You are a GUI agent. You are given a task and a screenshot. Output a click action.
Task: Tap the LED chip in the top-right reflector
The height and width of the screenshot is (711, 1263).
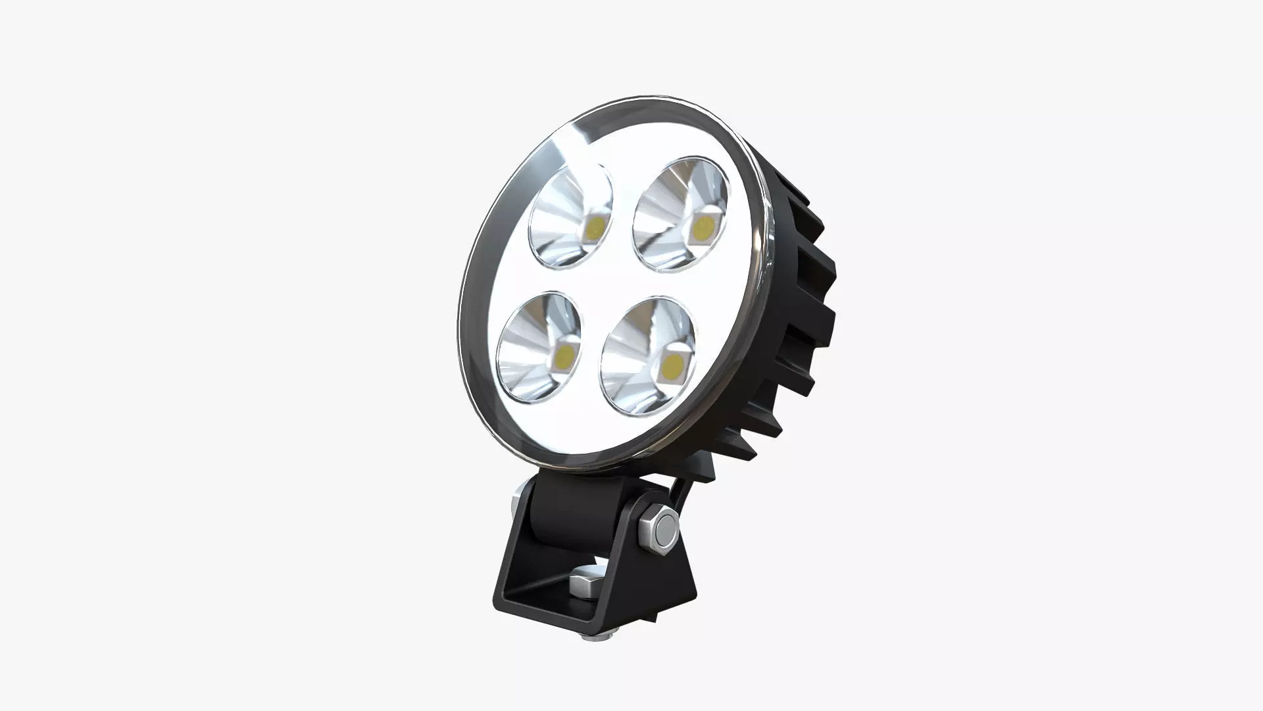click(x=705, y=226)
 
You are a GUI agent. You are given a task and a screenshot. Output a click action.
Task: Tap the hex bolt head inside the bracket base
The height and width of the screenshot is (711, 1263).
click(x=583, y=581)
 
